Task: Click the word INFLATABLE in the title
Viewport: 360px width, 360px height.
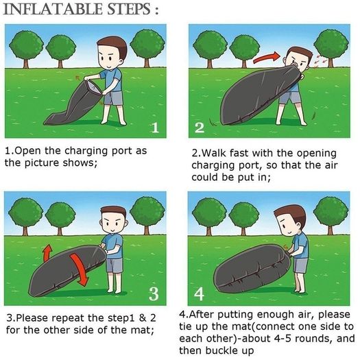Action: coord(53,10)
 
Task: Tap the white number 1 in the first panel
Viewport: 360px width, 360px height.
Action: coord(155,128)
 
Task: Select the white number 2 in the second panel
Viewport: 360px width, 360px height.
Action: coord(200,128)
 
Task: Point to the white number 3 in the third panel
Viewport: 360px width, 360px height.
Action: coord(154,294)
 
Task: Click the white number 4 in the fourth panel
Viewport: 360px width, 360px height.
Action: coord(199,294)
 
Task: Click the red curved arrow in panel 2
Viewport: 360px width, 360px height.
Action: coord(266,58)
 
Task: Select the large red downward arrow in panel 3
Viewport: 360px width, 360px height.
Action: coord(80,269)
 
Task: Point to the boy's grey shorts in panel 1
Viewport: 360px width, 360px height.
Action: coord(113,97)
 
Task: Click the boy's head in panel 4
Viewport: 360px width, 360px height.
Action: coord(291,221)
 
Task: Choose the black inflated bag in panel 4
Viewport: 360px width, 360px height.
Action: coord(252,268)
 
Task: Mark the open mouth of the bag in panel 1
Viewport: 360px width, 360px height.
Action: coord(94,87)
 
